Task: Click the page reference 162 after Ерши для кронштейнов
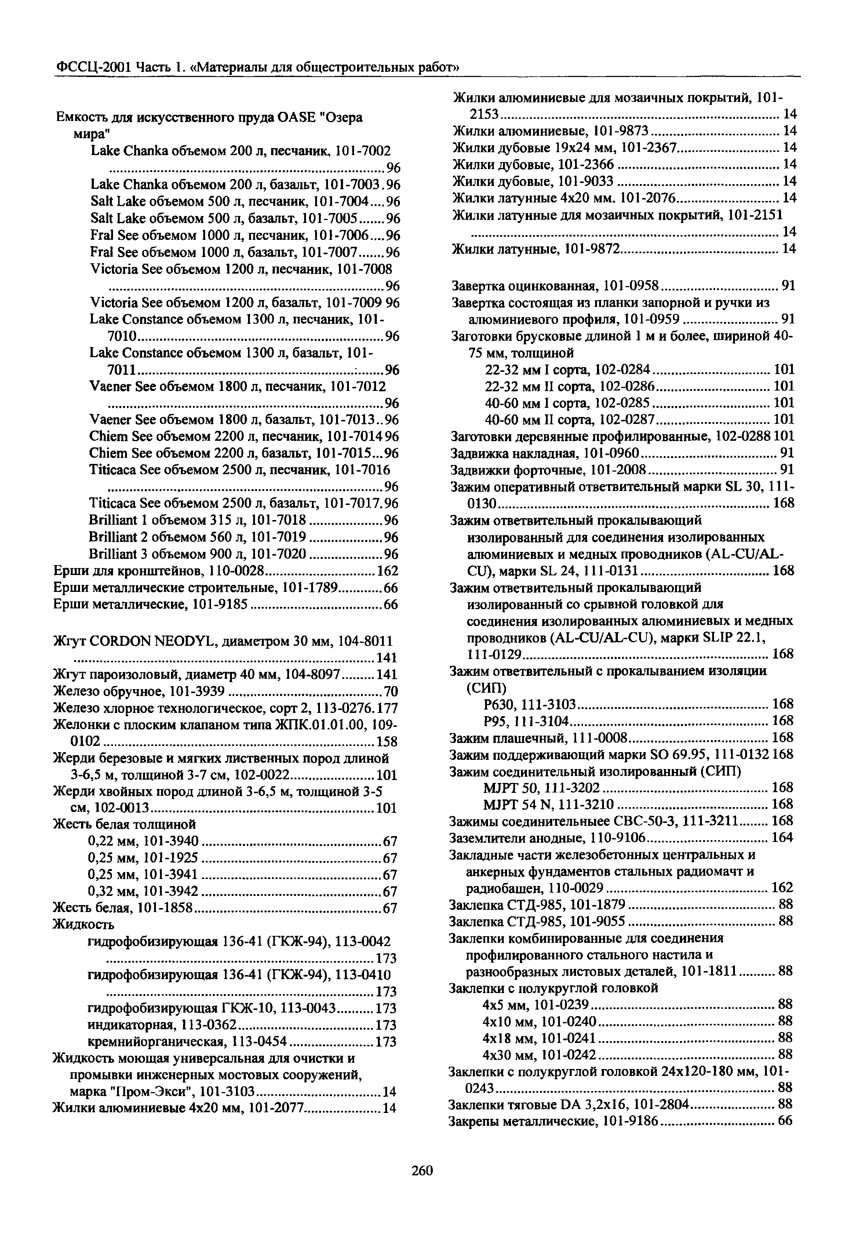click(x=387, y=571)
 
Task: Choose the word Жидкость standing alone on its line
click(x=83, y=924)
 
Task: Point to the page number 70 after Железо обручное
click(x=391, y=692)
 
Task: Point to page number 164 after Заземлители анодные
click(x=782, y=838)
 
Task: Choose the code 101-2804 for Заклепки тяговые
click(x=662, y=1104)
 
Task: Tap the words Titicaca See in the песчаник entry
click(x=122, y=469)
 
